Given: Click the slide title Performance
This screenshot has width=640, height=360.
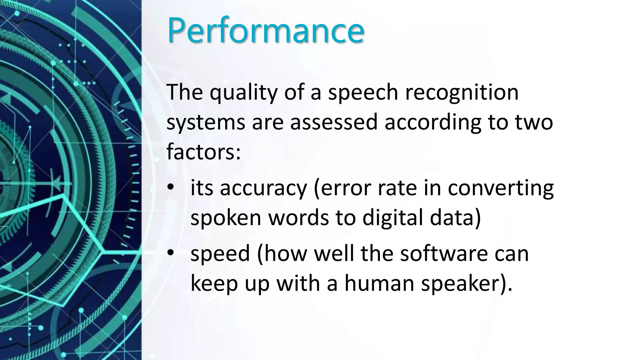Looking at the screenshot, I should (266, 30).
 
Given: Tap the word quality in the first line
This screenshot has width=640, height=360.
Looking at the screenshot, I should (243, 92).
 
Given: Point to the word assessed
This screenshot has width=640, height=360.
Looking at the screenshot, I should (334, 122).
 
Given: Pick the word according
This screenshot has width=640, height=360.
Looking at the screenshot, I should (433, 122).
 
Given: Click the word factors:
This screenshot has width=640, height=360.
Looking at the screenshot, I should (203, 152).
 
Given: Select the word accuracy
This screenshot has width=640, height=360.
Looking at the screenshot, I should (263, 188).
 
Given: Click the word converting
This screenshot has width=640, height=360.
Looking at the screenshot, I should (501, 188).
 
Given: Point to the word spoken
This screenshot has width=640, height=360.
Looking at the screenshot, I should (226, 217).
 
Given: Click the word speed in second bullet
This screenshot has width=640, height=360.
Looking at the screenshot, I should (220, 253).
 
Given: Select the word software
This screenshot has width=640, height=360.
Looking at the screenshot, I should (444, 253).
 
